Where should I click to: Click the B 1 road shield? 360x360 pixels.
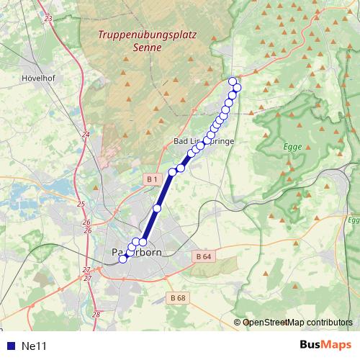coord(151,179)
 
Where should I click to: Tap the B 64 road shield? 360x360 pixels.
coord(202,256)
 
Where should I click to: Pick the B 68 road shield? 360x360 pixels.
coord(179,297)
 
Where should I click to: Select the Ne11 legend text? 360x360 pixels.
coord(34,346)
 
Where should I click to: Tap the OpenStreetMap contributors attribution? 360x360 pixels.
coord(297,322)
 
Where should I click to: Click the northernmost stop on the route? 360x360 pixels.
coord(232,81)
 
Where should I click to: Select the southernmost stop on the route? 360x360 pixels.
coord(122,259)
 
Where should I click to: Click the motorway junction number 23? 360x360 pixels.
coord(48,17)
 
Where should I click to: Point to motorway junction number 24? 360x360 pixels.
coord(86,134)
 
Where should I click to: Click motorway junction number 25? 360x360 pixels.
coord(81,204)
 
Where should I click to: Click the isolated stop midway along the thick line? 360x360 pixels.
coord(157,209)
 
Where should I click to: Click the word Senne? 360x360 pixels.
coord(148,48)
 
